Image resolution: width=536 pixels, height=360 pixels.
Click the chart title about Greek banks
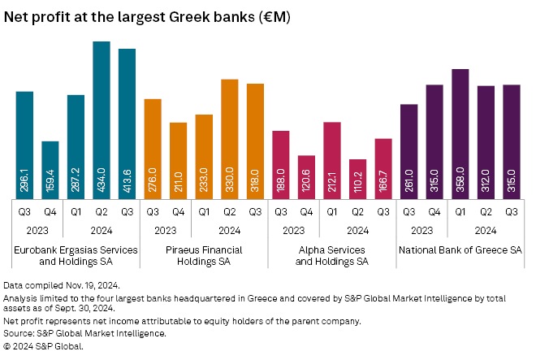148,16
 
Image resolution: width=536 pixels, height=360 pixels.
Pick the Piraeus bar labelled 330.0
230,138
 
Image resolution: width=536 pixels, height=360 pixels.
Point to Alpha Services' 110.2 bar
357,178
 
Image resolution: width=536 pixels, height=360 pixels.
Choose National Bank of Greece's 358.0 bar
460,133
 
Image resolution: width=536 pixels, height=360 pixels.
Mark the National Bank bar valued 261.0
408,151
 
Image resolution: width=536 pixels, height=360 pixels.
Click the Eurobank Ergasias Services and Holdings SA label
74,256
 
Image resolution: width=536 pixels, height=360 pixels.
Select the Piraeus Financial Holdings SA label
204,256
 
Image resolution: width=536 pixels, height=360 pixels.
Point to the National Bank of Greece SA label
460,249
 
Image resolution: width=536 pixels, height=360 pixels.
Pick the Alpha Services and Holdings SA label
331,256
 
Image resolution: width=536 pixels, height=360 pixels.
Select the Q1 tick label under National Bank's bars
460,212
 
